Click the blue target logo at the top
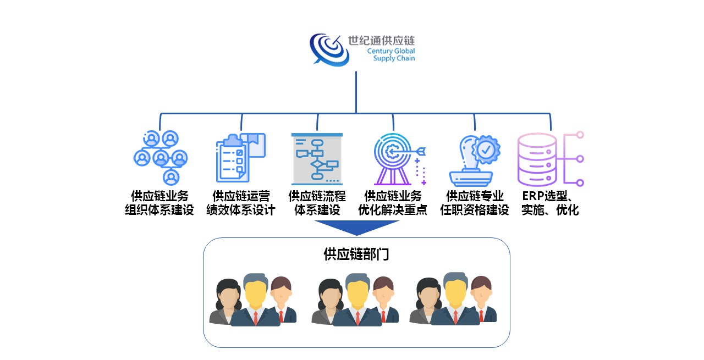(x=329, y=48)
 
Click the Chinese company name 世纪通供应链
(x=381, y=41)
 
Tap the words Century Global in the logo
(x=391, y=51)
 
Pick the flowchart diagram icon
(x=317, y=159)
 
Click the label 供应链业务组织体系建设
(x=159, y=203)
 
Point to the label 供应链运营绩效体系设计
(x=240, y=203)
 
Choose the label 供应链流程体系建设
(x=317, y=203)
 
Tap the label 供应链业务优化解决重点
(x=393, y=203)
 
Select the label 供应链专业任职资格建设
(x=475, y=203)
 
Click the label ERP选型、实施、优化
(x=550, y=203)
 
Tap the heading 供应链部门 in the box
(x=356, y=254)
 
